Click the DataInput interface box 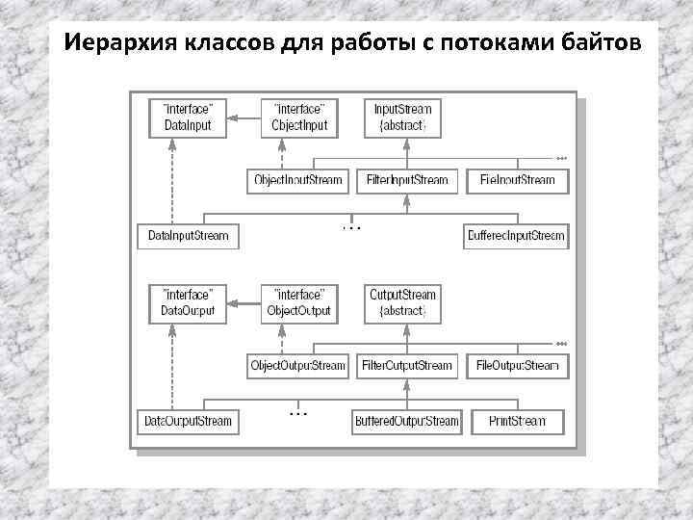tap(188, 117)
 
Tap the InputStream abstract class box tap(403, 117)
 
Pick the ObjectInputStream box tap(297, 180)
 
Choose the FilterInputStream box tap(407, 180)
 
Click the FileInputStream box tap(517, 180)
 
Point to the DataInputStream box tap(189, 236)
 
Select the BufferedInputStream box tap(516, 236)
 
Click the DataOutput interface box tap(188, 302)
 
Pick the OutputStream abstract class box tap(403, 302)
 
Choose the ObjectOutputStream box tap(297, 366)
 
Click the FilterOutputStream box tap(407, 366)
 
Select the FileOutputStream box tap(517, 366)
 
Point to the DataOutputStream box tap(189, 421)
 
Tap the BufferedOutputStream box tap(406, 421)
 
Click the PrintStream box tap(517, 421)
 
